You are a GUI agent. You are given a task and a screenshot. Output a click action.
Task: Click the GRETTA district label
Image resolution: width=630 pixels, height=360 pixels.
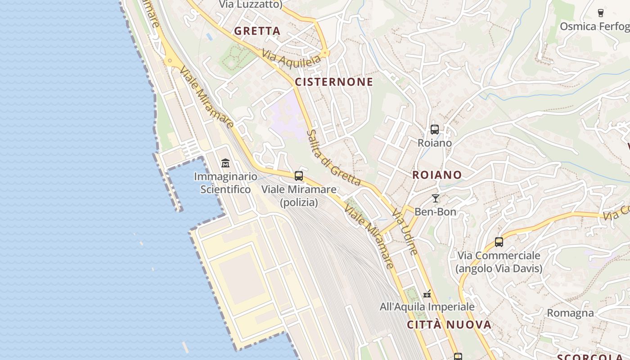[257, 31]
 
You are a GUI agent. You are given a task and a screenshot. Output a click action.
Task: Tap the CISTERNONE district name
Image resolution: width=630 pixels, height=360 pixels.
[334, 82]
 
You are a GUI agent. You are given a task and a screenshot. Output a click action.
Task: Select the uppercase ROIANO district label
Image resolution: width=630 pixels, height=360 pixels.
[437, 175]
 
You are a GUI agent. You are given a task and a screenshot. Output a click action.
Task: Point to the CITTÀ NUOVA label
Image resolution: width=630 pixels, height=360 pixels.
[449, 325]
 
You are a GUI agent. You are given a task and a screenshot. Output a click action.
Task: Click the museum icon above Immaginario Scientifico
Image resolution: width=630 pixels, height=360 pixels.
[225, 163]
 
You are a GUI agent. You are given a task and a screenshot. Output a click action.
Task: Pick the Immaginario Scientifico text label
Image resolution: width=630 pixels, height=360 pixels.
[225, 183]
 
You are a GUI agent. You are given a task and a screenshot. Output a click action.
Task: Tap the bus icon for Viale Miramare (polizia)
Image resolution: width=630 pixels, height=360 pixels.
[299, 176]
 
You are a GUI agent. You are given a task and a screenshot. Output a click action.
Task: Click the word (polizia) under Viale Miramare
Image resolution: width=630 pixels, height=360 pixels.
[299, 202]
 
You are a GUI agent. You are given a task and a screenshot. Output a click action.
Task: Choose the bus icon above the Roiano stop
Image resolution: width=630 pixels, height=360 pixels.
[435, 130]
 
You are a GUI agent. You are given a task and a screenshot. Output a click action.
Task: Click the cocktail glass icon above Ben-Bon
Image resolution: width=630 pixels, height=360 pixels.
[435, 198]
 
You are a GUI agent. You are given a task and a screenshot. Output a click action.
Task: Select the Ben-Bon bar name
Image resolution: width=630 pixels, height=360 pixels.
[435, 211]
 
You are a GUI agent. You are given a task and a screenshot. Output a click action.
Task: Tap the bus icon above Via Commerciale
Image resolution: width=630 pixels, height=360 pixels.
[499, 242]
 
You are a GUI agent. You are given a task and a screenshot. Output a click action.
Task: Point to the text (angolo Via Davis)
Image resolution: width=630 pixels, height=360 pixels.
[499, 269]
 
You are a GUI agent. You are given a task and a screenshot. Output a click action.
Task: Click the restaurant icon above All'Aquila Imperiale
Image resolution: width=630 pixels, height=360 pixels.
[427, 294]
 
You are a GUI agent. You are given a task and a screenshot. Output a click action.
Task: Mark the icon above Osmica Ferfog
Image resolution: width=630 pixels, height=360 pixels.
[600, 13]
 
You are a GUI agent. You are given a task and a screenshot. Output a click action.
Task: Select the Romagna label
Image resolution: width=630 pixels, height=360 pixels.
[570, 313]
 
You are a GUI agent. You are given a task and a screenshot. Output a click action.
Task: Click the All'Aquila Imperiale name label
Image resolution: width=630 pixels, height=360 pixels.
[427, 307]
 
